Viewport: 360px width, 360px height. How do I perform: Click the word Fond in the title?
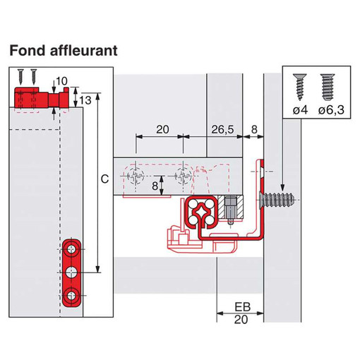point(27,51)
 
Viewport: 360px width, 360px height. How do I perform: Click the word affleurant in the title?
point(83,50)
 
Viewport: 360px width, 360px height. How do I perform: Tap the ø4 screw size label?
point(300,110)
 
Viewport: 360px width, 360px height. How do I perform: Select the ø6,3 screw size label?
point(331,110)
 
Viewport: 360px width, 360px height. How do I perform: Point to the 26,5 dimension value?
point(222,129)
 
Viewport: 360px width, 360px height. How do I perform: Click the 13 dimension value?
point(85,100)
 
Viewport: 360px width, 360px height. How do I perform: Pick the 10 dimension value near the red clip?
point(61,81)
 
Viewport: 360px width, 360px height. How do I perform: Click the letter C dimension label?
point(104,179)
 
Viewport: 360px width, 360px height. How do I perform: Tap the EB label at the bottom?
point(243,307)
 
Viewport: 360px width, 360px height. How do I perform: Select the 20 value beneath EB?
point(241,320)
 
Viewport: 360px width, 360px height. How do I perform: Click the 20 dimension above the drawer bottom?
point(162,129)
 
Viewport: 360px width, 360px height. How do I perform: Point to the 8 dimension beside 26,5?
point(254,129)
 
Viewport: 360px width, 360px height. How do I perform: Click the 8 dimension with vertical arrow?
point(155,186)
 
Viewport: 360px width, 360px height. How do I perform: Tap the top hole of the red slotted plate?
point(71,249)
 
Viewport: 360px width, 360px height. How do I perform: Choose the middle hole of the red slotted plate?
point(71,272)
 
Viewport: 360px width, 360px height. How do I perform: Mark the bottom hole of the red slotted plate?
point(71,296)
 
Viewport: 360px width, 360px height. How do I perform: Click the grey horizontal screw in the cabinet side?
point(277,200)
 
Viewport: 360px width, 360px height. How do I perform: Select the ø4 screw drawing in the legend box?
point(299,87)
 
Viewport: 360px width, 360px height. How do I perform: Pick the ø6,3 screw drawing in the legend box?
point(328,86)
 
